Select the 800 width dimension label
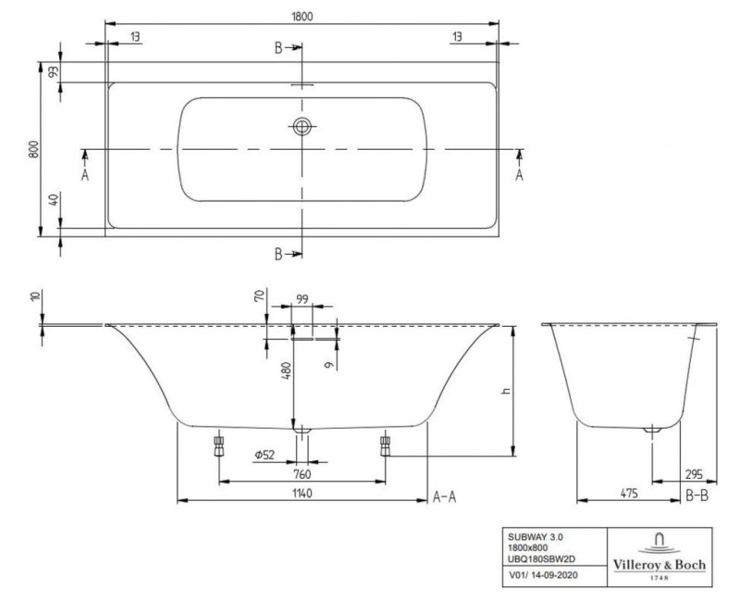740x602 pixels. pos(33,150)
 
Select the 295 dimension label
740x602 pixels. pos(695,474)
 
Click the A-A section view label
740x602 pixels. pos(445,497)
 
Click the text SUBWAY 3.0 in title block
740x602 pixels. pos(536,536)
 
